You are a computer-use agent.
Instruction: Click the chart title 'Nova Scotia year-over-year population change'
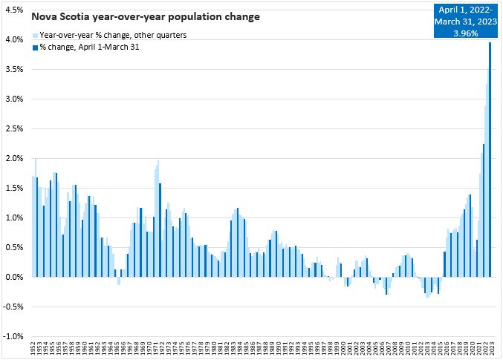(146, 16)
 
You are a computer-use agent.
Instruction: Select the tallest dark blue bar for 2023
(490, 160)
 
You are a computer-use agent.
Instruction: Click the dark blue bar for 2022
(483, 211)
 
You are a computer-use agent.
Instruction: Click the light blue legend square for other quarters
(35, 36)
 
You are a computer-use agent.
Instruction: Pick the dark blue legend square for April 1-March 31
(35, 48)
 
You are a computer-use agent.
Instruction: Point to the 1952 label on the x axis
(32, 349)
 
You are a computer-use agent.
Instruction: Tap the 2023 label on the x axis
(490, 349)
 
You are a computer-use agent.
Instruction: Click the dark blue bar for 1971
(160, 230)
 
